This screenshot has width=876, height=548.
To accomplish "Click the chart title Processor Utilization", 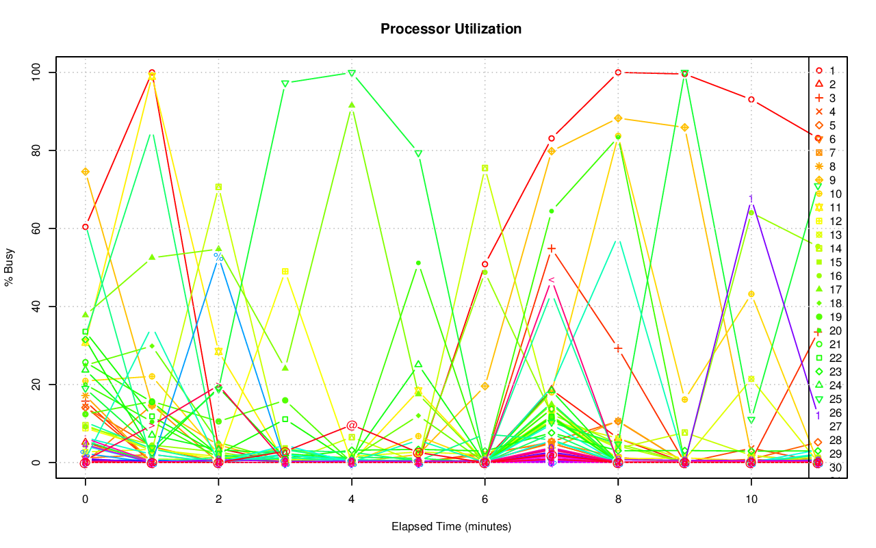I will (451, 29).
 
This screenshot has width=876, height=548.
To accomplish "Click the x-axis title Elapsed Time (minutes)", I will (451, 527).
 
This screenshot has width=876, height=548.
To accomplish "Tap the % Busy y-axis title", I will (10, 268).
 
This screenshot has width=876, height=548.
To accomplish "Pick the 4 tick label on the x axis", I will (352, 499).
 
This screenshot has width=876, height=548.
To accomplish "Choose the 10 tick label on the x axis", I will (751, 499).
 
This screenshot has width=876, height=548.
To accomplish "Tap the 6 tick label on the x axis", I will (485, 499).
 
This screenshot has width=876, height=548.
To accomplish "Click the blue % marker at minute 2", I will (218, 257).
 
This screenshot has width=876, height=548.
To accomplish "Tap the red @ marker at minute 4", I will (352, 426).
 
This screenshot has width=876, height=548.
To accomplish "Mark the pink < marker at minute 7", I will (552, 280).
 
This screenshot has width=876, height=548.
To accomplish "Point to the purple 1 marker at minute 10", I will (751, 199).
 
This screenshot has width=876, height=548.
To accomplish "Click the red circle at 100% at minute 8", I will (618, 72).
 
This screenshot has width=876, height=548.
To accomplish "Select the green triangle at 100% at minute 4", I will (352, 73).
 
